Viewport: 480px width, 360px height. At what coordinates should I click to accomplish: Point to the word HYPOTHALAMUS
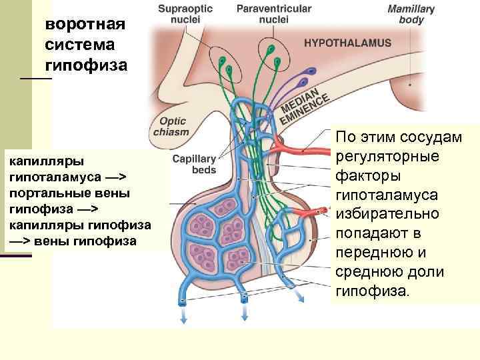(347, 43)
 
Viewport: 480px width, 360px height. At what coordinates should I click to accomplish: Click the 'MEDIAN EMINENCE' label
(304, 105)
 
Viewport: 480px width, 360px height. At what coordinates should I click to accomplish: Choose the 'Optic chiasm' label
(171, 127)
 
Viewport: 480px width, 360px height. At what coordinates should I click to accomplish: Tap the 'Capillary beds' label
(194, 164)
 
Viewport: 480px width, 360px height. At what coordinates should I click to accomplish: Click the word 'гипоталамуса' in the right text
(387, 195)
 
